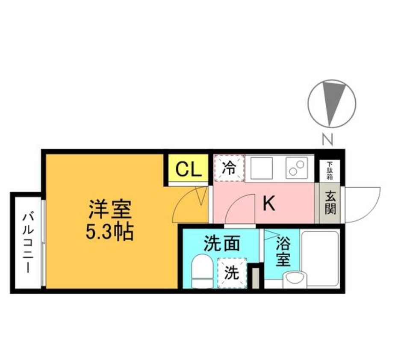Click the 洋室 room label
pyautogui.click(x=110, y=210)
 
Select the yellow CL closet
pyautogui.click(x=188, y=168)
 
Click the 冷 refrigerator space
pyautogui.click(x=229, y=168)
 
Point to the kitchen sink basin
pyautogui.click(x=262, y=168)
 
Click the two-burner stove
pyautogui.click(x=297, y=168)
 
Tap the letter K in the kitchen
pyautogui.click(x=269, y=203)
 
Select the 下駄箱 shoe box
pyautogui.click(x=330, y=171)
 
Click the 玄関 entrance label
pyautogui.click(x=330, y=204)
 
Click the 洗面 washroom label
pyautogui.click(x=222, y=244)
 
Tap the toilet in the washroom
pyautogui.click(x=203, y=271)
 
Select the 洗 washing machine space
pyautogui.click(x=232, y=273)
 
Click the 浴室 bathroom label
pyautogui.click(x=283, y=251)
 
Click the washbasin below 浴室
pyautogui.click(x=295, y=280)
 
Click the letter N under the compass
pyautogui.click(x=328, y=139)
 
